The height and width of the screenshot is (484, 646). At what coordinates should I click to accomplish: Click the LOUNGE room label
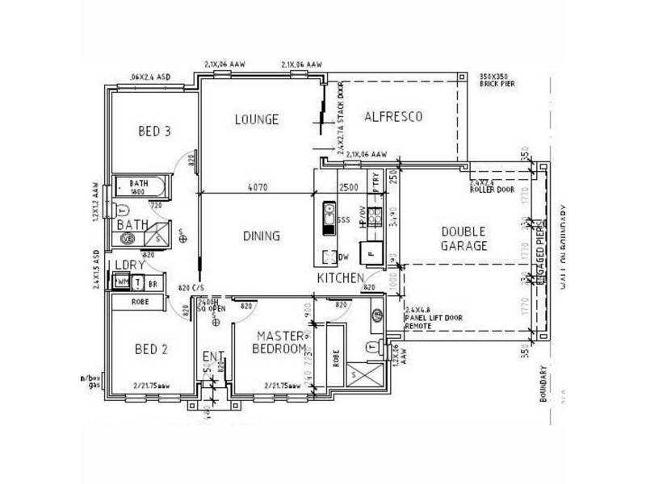point(256,119)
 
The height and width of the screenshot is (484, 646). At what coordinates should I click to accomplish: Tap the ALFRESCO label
point(393,116)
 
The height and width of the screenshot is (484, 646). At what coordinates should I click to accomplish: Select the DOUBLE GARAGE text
point(464,239)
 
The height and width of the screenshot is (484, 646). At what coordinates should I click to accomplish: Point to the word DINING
point(261,236)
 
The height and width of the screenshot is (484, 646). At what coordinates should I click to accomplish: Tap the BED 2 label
point(150,349)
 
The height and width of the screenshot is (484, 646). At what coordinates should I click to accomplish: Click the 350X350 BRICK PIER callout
point(496,78)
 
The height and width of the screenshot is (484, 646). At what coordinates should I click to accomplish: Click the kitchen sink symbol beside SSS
point(329,216)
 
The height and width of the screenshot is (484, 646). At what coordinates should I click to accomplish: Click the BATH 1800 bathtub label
point(139,187)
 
